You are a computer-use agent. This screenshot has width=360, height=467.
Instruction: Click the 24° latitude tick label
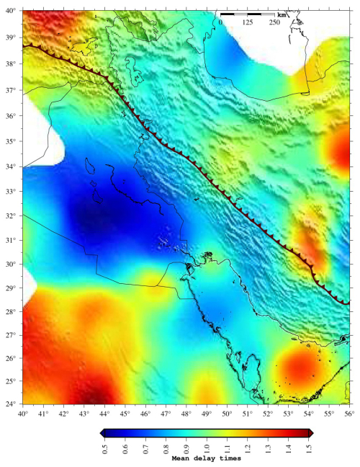[11, 404]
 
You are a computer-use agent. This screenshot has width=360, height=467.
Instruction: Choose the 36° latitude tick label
[11, 116]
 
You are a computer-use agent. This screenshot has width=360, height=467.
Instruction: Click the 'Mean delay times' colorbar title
[207, 458]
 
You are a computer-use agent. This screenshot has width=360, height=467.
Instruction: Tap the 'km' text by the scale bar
[282, 14]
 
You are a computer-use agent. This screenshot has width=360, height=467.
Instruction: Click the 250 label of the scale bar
[274, 22]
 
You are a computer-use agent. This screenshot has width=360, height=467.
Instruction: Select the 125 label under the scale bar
[248, 22]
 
